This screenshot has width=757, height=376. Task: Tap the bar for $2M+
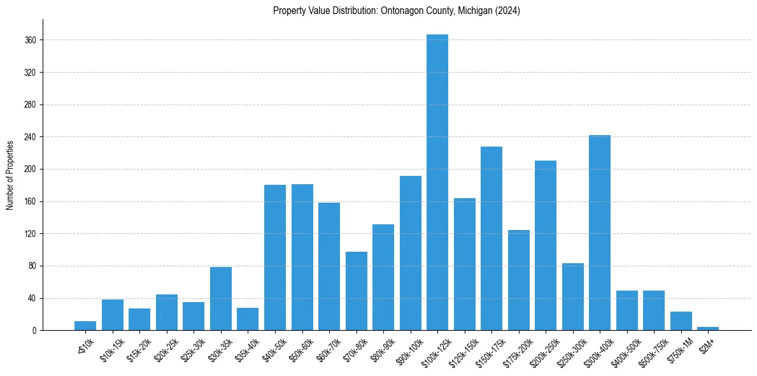(x=708, y=328)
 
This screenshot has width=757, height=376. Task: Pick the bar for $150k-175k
(x=492, y=238)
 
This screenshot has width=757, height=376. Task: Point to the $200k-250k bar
(x=546, y=245)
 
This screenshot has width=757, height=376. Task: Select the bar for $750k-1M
(x=681, y=321)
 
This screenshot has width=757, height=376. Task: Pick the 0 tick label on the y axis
(x=34, y=331)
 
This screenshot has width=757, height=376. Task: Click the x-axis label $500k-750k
(x=651, y=350)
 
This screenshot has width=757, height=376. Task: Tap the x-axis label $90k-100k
(x=408, y=350)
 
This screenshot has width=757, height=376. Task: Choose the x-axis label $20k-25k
(x=164, y=349)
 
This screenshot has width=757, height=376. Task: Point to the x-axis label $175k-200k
(x=516, y=350)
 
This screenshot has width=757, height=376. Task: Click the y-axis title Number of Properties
(x=10, y=175)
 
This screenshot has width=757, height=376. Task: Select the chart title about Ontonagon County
(x=397, y=11)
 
